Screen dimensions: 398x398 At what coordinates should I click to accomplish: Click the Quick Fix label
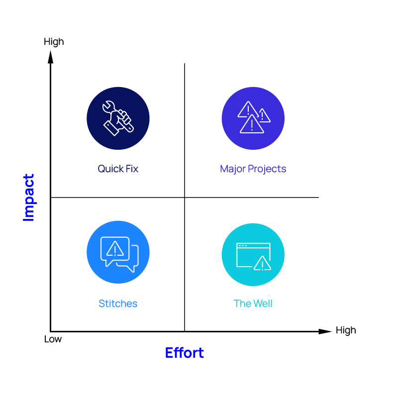point(118,169)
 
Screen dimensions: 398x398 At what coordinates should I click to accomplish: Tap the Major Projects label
point(253,169)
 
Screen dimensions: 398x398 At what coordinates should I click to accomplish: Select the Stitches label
point(118,303)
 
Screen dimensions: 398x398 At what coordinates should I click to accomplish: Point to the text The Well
point(253,303)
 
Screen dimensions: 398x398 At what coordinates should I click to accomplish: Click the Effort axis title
point(185,353)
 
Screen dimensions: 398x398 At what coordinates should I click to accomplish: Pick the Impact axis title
point(28,198)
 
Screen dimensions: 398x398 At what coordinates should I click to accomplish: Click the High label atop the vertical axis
point(54,42)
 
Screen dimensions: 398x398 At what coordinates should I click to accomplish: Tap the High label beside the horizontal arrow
point(346,330)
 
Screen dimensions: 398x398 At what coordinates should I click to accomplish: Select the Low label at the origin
point(53,339)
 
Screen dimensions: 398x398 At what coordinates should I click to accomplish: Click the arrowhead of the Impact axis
point(51,57)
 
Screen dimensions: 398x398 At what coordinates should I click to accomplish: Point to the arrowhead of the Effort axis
point(325,331)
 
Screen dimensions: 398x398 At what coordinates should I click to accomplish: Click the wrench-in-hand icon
point(118,118)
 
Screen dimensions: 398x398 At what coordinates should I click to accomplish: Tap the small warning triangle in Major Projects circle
point(264,115)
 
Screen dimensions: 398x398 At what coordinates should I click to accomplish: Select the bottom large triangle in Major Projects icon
point(252,124)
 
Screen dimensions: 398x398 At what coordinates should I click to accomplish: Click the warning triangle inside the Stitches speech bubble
point(115,248)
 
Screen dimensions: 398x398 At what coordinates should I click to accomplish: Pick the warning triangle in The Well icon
point(263,263)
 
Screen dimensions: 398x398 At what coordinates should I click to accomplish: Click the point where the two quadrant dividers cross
point(185,197)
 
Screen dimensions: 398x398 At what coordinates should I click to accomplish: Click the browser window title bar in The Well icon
point(253,245)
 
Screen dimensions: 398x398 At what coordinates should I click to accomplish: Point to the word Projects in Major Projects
point(267,169)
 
